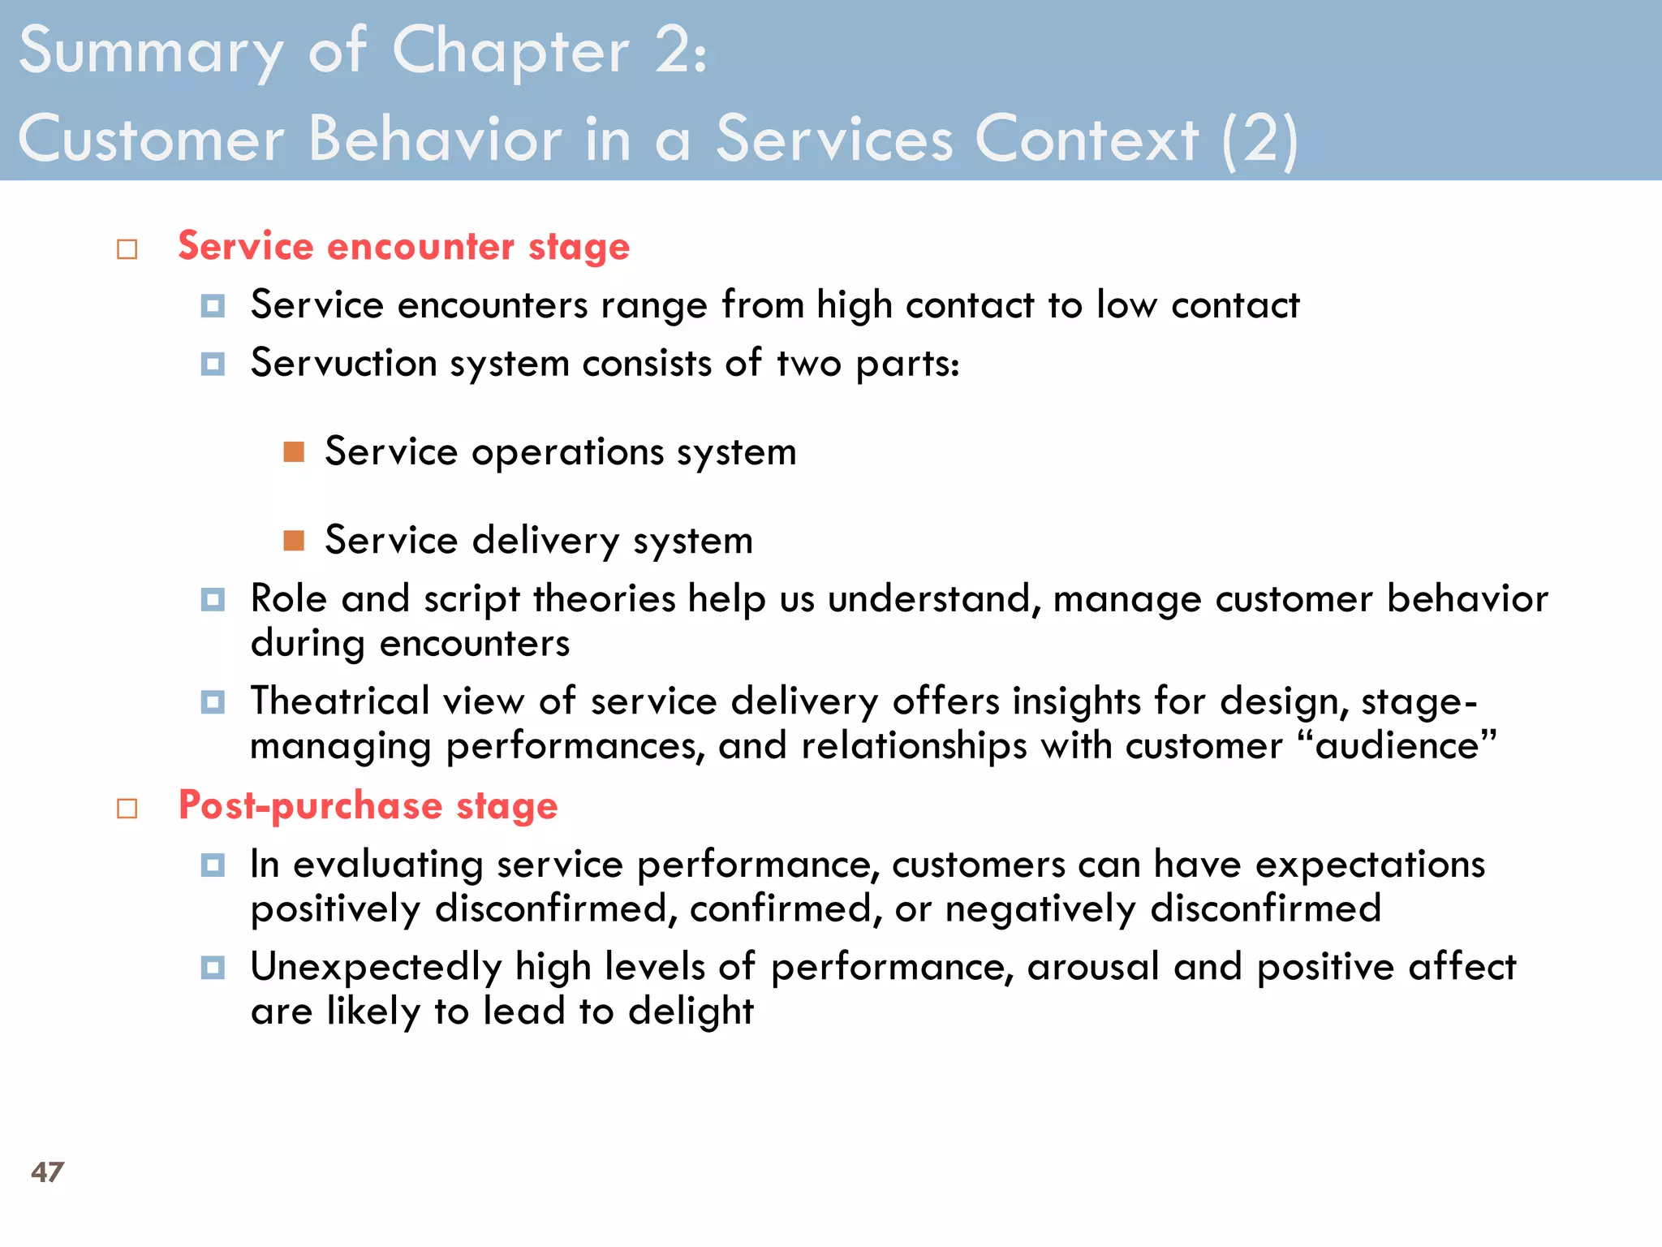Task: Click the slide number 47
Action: point(47,1171)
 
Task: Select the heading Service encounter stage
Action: point(403,246)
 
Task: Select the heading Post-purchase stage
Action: point(368,805)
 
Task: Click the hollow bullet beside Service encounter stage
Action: point(127,249)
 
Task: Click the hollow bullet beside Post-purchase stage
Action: point(127,809)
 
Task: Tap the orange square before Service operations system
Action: point(294,452)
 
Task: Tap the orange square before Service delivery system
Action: point(294,541)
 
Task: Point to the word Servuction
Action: point(343,363)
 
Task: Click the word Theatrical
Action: point(339,701)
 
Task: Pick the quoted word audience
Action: point(1397,745)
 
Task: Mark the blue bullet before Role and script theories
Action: point(213,600)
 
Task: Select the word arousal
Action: point(1092,968)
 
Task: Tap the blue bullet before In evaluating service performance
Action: point(213,865)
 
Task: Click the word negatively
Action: point(1040,908)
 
